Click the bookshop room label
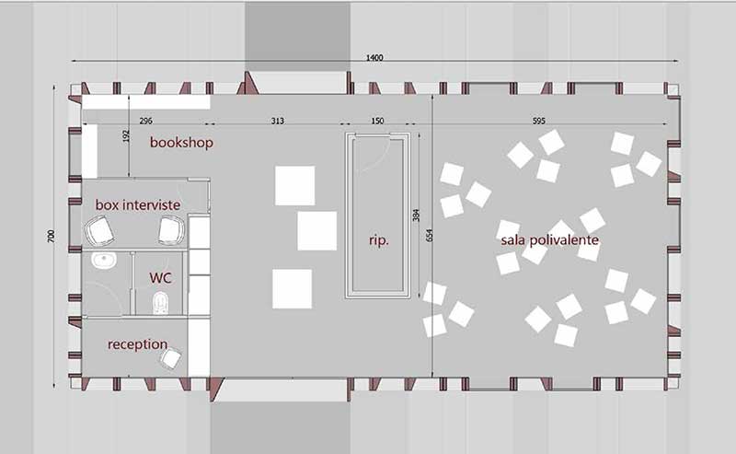(181, 143)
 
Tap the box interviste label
(138, 205)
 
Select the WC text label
(160, 278)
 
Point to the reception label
(137, 344)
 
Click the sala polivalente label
(549, 240)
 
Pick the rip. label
(379, 240)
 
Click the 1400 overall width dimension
(374, 57)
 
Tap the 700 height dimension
(51, 236)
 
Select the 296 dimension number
(146, 121)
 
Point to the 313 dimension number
(278, 121)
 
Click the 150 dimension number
(377, 121)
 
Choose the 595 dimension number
(539, 121)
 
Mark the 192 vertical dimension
(126, 136)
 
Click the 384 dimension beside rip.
(416, 215)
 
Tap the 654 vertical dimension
(429, 236)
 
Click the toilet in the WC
(160, 303)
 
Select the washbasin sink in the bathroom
(104, 260)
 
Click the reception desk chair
(170, 359)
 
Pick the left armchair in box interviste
(99, 231)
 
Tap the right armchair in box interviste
(171, 231)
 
